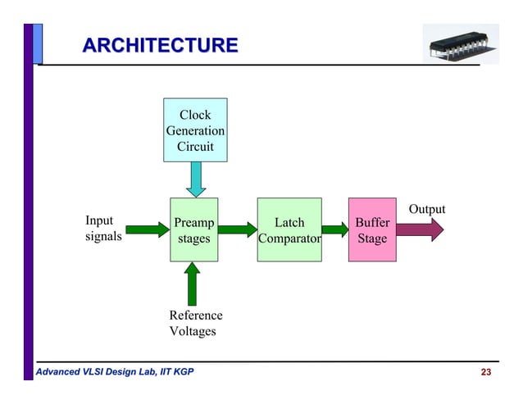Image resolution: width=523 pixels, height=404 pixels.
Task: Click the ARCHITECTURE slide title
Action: (x=160, y=45)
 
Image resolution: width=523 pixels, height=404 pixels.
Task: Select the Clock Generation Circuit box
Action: (x=195, y=130)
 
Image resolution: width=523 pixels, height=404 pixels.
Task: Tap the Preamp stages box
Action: (x=194, y=230)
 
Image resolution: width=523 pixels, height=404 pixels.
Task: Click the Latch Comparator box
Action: (x=289, y=230)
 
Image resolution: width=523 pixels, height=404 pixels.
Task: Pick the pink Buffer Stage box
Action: (x=371, y=230)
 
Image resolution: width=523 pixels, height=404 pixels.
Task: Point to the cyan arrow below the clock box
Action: (x=195, y=179)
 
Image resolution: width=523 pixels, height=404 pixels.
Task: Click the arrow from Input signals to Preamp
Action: (x=147, y=230)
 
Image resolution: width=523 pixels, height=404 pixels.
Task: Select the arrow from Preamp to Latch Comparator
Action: (x=238, y=230)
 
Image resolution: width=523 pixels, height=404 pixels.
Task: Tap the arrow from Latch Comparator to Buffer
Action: (x=334, y=230)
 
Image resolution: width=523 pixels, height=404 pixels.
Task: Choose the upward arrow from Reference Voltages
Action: (x=192, y=284)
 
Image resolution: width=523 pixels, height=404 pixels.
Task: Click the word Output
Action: (x=426, y=209)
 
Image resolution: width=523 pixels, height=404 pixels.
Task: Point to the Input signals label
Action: (x=102, y=229)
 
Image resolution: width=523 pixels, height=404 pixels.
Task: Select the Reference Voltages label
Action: (x=195, y=324)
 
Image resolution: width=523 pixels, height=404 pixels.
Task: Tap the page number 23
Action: (x=485, y=374)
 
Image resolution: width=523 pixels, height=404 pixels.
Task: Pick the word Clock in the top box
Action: (x=195, y=116)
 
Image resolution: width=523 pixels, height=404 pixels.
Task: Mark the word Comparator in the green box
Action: (x=289, y=239)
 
